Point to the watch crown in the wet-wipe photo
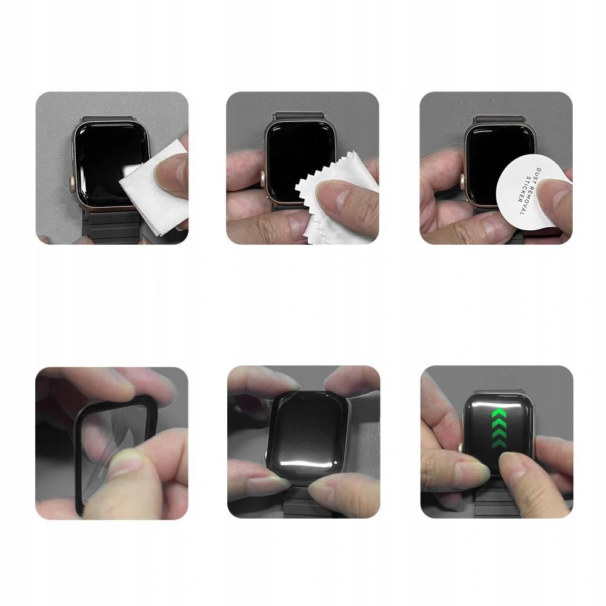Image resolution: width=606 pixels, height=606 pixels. point(72,181)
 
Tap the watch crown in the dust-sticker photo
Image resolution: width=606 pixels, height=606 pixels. point(462,179)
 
